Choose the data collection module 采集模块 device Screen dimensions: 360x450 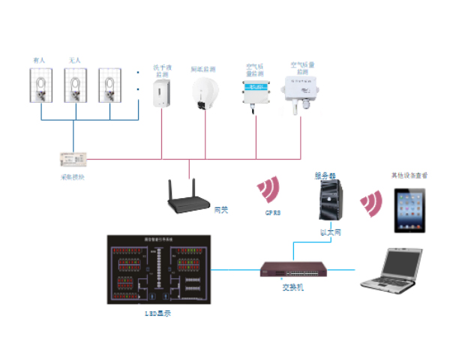pos(73,159)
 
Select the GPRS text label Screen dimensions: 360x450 pos(272,213)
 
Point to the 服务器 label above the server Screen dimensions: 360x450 pos(326,176)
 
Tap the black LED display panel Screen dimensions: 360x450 pos(157,270)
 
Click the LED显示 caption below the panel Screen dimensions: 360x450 pos(157,313)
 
